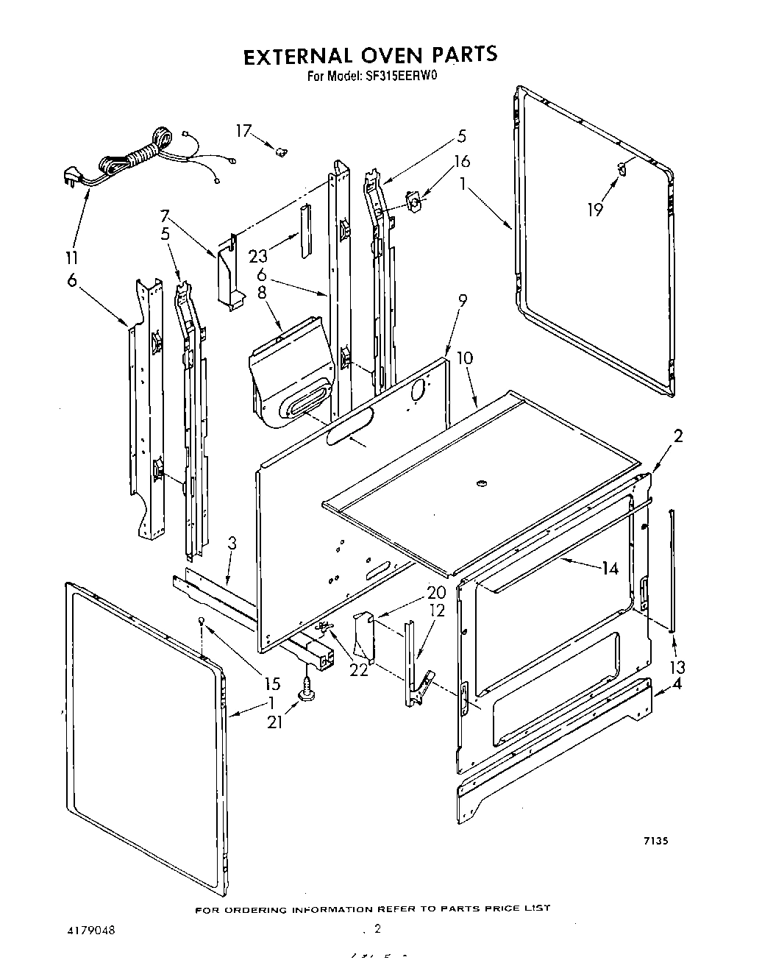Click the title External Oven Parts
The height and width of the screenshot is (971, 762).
pos(370,56)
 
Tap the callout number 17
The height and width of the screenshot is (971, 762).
pos(243,131)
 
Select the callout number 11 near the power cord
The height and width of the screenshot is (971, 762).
pos(73,258)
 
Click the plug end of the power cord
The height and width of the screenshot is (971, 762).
pos(71,177)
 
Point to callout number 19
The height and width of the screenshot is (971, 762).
pos(595,210)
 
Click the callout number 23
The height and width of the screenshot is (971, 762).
pos(258,256)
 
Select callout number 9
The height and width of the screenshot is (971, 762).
pos(462,300)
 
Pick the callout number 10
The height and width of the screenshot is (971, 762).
pos(464,358)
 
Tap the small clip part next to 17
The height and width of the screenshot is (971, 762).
pos(280,152)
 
